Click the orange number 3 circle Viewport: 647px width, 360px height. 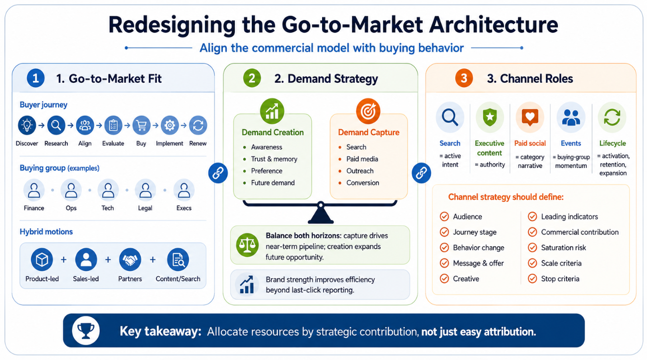pos(464,78)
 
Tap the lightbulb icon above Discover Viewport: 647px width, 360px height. pos(27,125)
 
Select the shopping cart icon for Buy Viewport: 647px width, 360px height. pos(141,125)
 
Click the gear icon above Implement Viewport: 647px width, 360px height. pos(169,125)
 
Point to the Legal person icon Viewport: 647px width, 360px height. pos(145,190)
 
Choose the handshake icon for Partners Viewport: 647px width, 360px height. pos(130,259)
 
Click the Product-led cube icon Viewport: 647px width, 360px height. pos(42,259)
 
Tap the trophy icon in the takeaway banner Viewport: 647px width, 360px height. pos(86,331)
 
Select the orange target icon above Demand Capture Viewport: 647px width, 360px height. pos(368,111)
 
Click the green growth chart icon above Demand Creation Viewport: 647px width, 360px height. pos(272,111)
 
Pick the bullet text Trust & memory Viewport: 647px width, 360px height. pos(274,159)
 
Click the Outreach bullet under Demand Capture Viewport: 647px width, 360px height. pos(360,171)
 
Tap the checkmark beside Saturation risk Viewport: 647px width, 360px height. pos(532,248)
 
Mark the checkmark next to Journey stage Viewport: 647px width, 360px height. pos(444,232)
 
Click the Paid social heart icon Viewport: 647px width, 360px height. pos(530,117)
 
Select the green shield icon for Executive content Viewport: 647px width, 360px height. pos(490,117)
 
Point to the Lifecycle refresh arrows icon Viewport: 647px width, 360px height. pos(612,117)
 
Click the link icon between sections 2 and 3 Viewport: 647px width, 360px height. pos(421,173)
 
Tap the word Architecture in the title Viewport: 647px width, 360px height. pos(493,25)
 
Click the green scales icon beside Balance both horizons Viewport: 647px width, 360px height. pos(247,245)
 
